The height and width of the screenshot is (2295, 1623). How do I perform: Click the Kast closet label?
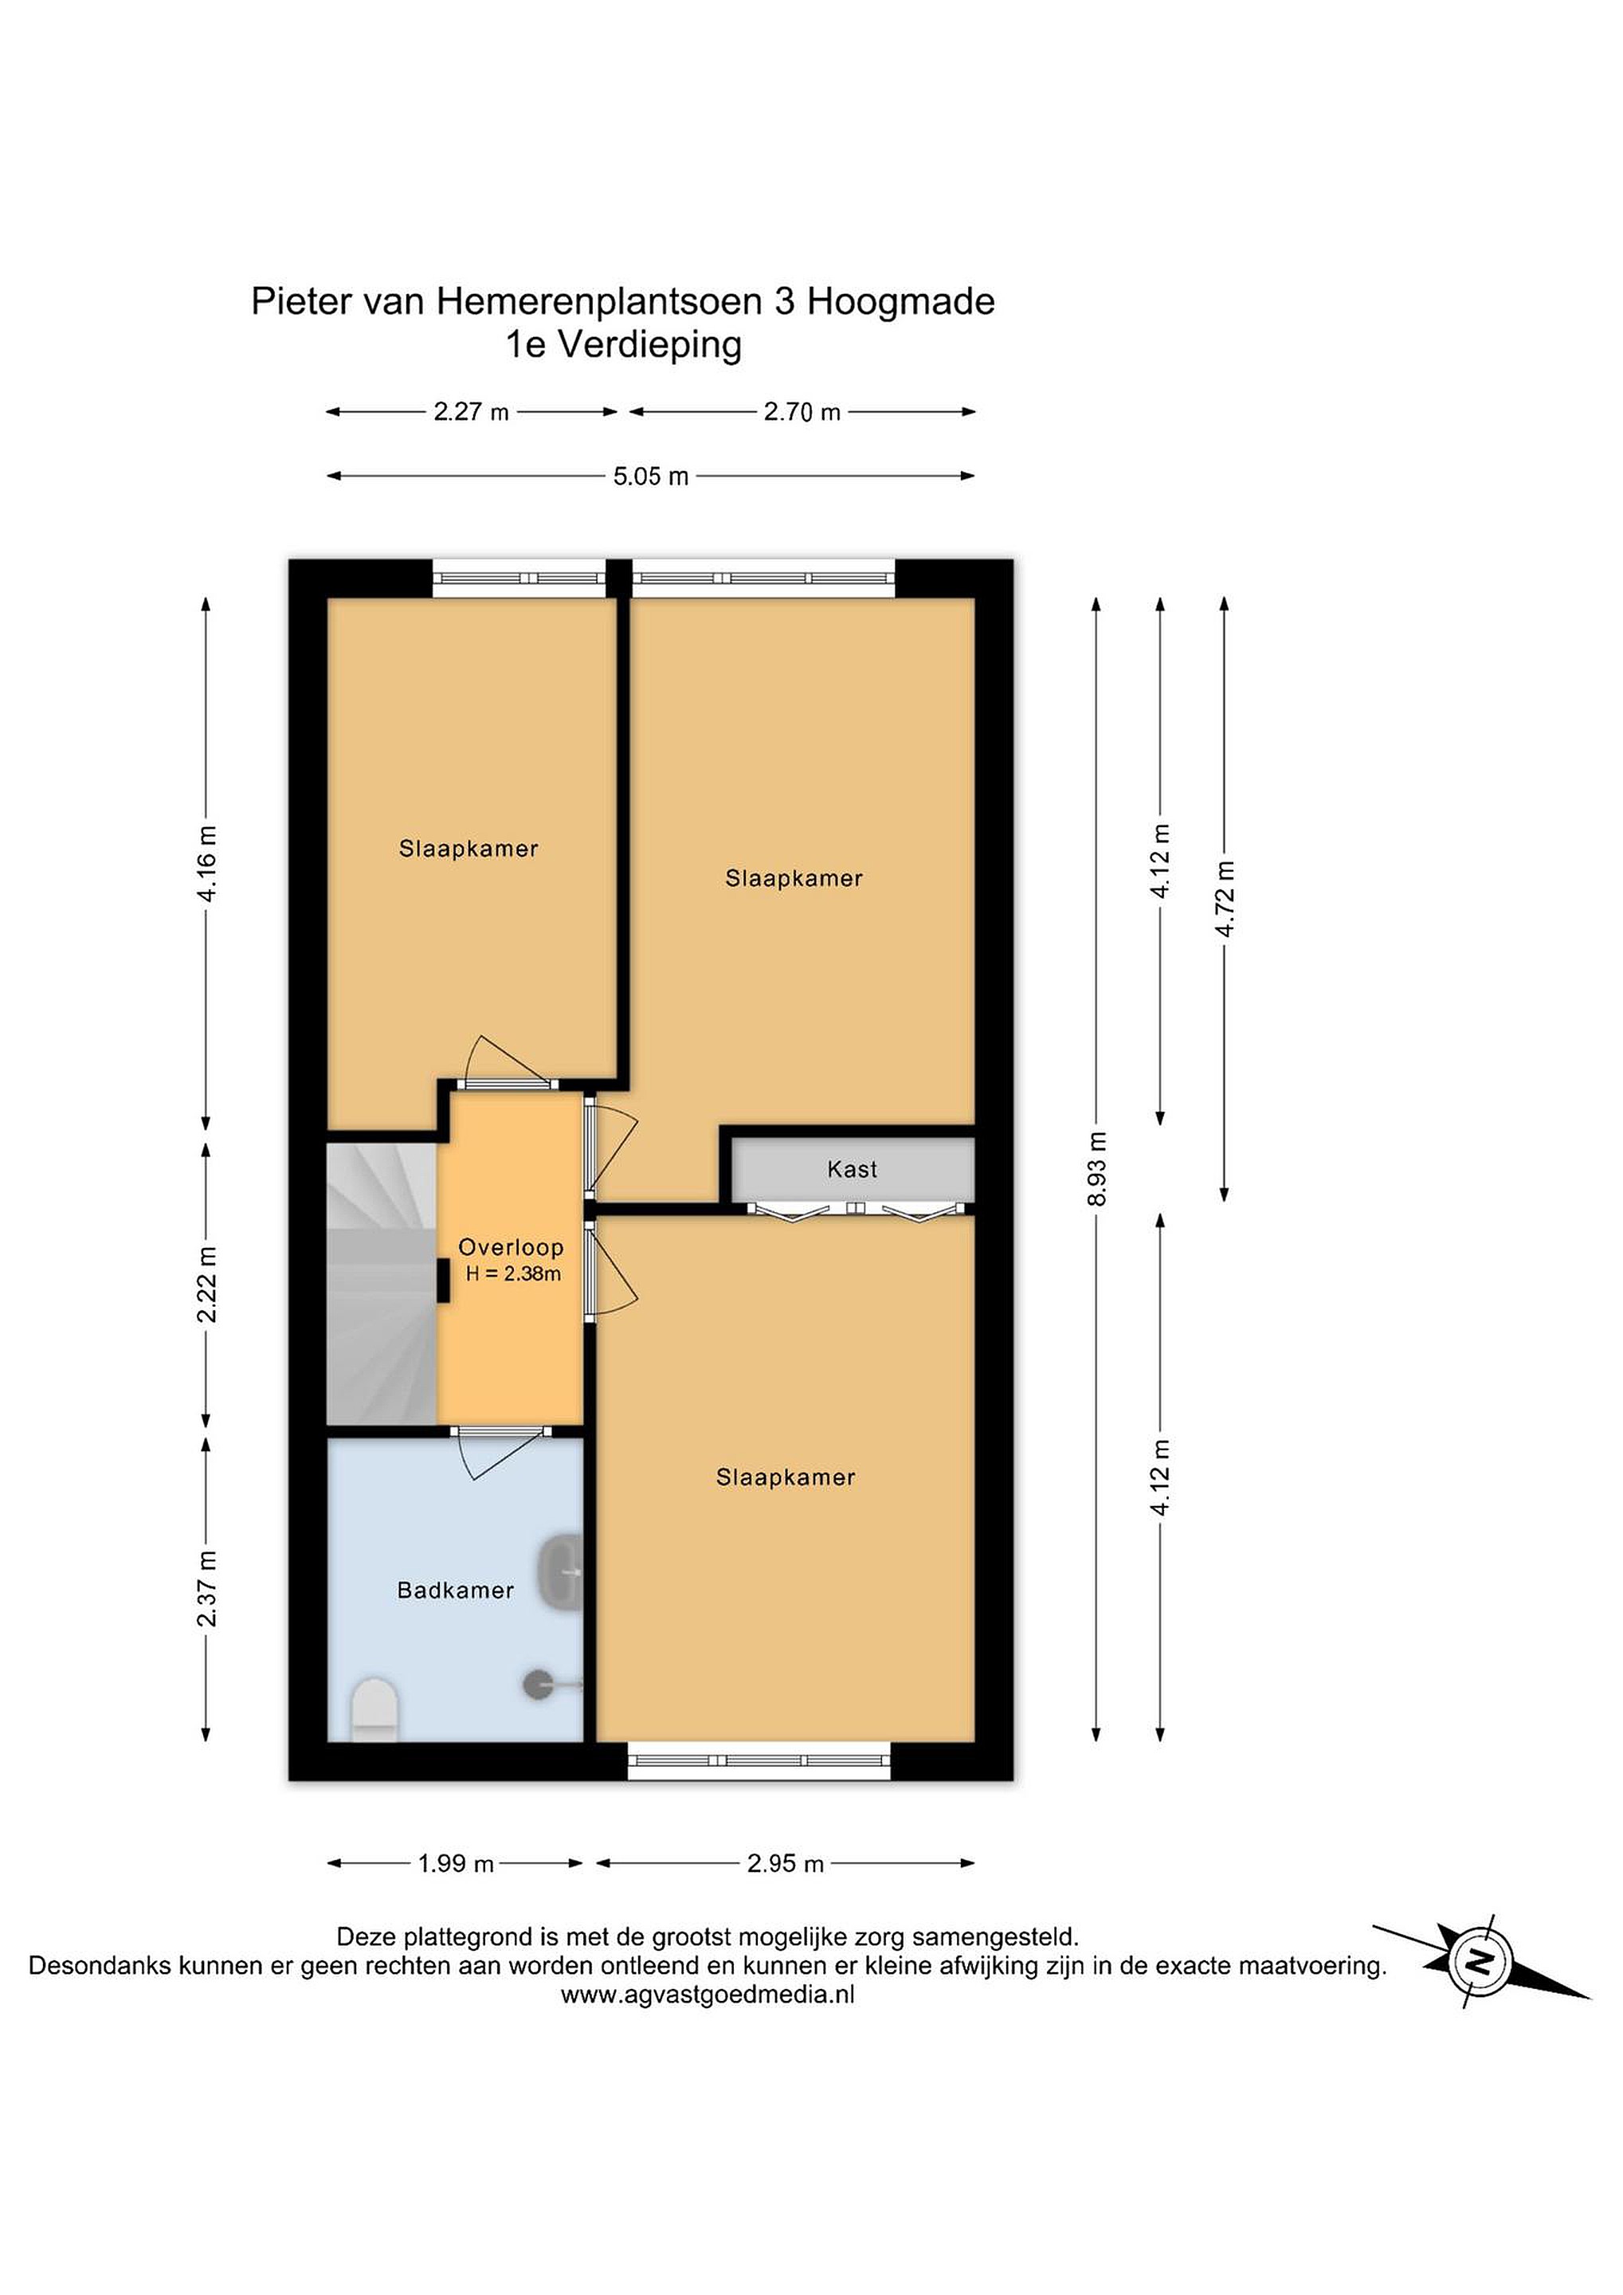click(852, 1168)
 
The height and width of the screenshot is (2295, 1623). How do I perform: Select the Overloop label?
click(511, 1246)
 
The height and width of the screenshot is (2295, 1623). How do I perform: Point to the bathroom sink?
click(563, 1572)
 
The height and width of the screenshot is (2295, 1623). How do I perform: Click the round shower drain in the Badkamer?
click(538, 1685)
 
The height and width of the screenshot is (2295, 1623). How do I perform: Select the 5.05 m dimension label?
click(651, 476)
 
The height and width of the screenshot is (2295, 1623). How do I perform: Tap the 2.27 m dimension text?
click(471, 411)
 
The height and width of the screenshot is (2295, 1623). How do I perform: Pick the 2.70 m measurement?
click(802, 411)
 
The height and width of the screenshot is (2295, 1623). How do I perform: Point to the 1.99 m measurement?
click(456, 1863)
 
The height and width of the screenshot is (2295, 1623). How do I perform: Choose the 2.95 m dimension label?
click(786, 1863)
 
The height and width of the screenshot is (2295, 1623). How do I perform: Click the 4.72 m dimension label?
click(1225, 897)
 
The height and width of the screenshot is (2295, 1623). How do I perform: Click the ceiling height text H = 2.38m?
click(512, 1273)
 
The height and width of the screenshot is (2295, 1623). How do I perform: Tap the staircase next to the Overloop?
click(382, 1284)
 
